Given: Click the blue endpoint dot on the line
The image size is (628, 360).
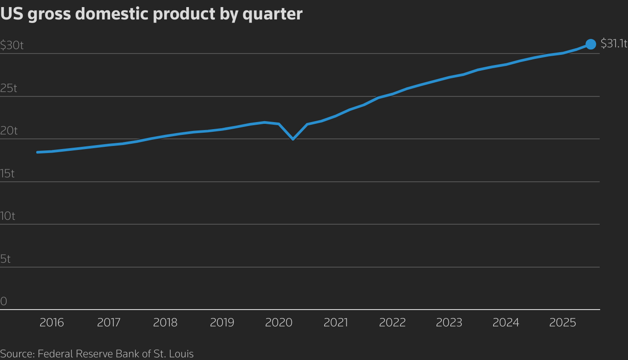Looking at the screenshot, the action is click(x=591, y=44).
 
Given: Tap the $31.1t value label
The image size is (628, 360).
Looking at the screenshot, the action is click(x=614, y=43).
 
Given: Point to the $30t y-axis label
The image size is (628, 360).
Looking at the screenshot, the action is click(x=12, y=45).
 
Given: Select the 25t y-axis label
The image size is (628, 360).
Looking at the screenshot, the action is click(x=8, y=88).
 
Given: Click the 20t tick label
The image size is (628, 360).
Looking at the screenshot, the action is click(x=9, y=131).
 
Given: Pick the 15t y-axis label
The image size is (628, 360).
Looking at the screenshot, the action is click(x=8, y=173).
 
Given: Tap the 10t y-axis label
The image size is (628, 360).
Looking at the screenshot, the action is click(x=8, y=216).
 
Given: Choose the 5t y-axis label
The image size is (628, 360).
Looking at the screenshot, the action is click(x=5, y=259).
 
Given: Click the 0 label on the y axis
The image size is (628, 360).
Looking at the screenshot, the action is click(x=4, y=302).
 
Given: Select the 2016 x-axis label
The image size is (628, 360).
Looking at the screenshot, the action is click(x=52, y=323).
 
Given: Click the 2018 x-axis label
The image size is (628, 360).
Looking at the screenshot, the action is click(x=165, y=323).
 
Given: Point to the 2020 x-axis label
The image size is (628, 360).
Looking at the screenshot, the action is click(x=279, y=323).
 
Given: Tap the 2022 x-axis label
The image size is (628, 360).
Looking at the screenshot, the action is click(x=392, y=323).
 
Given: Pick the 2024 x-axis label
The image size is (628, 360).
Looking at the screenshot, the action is click(x=505, y=323).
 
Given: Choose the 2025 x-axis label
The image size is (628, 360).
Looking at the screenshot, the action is click(x=563, y=323).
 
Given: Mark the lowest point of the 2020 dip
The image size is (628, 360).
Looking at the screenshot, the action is click(x=293, y=139).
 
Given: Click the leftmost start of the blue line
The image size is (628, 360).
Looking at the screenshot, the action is click(x=38, y=152).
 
